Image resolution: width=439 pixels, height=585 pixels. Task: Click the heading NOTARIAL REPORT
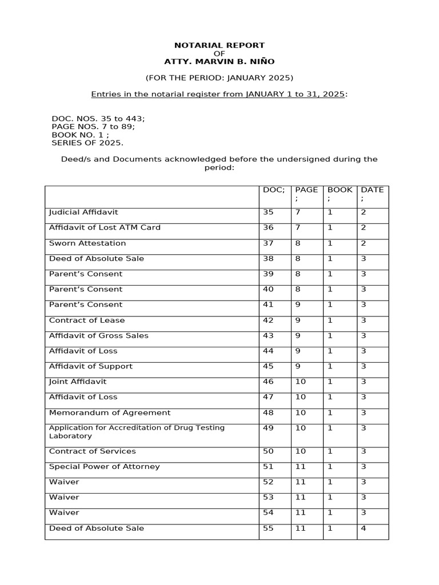tap(219, 45)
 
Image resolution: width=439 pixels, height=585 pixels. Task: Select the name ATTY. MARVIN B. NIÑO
tap(219, 61)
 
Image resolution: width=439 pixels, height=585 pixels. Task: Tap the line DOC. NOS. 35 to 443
tap(98, 119)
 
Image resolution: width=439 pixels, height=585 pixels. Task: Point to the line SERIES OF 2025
tap(87, 143)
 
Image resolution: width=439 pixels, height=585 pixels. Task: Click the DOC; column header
tap(274, 190)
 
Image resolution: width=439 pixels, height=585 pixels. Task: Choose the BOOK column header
tap(340, 190)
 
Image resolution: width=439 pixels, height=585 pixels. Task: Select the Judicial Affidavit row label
tap(83, 212)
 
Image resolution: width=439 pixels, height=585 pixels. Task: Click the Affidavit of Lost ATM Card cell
tap(105, 227)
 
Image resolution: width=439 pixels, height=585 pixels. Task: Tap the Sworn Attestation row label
tap(87, 243)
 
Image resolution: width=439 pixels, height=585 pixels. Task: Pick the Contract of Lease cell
tap(87, 320)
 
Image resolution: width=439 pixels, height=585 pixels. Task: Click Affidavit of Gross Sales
tap(99, 335)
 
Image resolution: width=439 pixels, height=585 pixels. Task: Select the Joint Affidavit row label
tap(78, 382)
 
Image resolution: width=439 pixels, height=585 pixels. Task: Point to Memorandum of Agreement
tap(110, 412)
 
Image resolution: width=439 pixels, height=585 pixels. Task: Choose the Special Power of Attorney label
tap(105, 467)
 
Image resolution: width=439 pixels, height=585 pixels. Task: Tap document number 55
tap(268, 528)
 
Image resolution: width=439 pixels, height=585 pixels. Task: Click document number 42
tap(268, 320)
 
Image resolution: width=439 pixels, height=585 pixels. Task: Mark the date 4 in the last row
tap(363, 528)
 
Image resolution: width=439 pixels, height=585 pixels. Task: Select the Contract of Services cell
tap(93, 451)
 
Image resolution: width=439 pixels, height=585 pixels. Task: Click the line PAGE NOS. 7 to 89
tap(93, 127)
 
